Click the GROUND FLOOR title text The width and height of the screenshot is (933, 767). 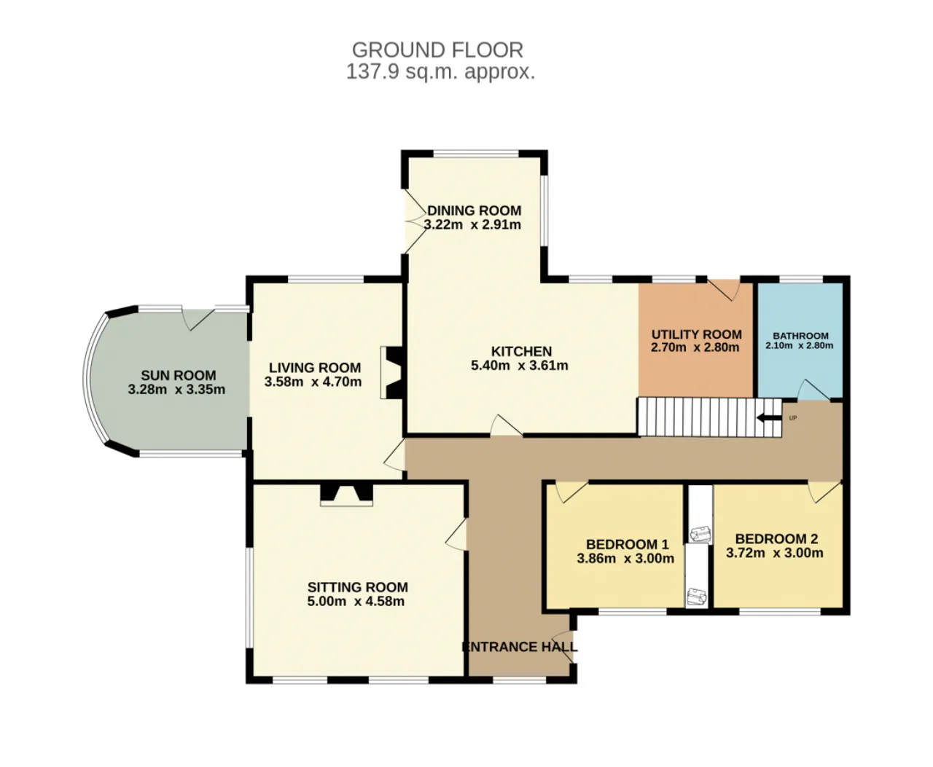pyautogui.click(x=437, y=50)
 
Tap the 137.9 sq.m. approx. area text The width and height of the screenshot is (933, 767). pyautogui.click(x=440, y=71)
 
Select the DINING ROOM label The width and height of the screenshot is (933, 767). pyautogui.click(x=475, y=211)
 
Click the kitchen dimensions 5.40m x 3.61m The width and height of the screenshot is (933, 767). pyautogui.click(x=520, y=366)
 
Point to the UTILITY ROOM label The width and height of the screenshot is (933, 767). pyautogui.click(x=696, y=334)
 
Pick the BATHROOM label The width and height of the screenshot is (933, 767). pyautogui.click(x=801, y=336)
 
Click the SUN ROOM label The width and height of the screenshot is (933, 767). pyautogui.click(x=179, y=375)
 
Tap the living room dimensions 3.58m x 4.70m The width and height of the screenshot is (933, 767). pyautogui.click(x=313, y=382)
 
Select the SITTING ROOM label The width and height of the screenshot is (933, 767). pyautogui.click(x=357, y=587)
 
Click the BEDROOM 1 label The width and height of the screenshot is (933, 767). pyautogui.click(x=628, y=544)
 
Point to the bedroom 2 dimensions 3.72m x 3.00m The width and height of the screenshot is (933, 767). pyautogui.click(x=774, y=553)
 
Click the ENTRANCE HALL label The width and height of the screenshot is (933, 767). pyautogui.click(x=520, y=647)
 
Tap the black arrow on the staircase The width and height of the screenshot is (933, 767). pyautogui.click(x=769, y=418)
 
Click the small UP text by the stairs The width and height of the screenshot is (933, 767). pyautogui.click(x=792, y=418)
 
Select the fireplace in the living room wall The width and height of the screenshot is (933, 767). pyautogui.click(x=391, y=373)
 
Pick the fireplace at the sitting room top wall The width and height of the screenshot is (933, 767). pyautogui.click(x=346, y=495)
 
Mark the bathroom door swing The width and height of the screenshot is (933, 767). pyautogui.click(x=813, y=390)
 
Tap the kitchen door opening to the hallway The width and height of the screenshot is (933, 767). pyautogui.click(x=506, y=425)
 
